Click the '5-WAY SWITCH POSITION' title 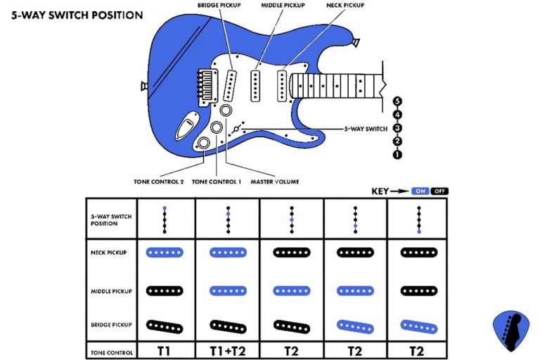coord(77,14)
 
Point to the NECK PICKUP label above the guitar coord(345,4)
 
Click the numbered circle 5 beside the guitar coord(397,101)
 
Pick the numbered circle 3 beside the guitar coord(397,128)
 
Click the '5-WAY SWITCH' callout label coord(366,129)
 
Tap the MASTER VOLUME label coord(274,181)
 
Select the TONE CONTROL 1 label coord(217,181)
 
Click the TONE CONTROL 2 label coord(159,181)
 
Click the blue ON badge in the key coord(421,191)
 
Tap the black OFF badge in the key coord(439,191)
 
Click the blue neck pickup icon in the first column coord(165,252)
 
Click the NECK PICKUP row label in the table coord(110,252)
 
